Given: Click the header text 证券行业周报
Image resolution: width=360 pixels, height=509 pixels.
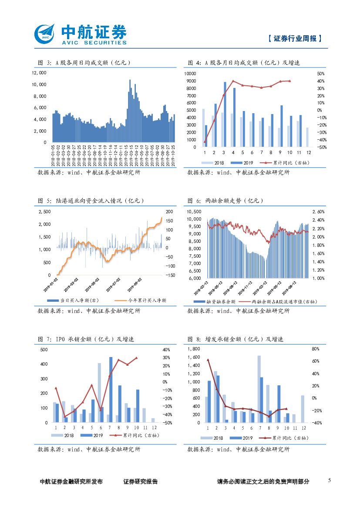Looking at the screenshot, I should [295, 38].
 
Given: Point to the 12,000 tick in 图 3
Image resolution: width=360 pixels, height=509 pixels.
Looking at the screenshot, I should [39, 73].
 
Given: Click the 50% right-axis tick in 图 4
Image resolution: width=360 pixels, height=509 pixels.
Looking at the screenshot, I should [321, 74].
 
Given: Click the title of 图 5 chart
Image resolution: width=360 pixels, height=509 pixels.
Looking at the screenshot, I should [91, 201].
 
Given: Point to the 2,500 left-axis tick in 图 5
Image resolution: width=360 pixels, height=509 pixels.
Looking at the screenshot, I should [45, 212].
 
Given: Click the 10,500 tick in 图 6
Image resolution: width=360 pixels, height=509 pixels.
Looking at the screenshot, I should [194, 212].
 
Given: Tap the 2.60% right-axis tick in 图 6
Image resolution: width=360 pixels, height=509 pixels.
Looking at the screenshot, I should [319, 212].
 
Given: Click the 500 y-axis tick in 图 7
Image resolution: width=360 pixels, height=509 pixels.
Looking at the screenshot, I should [44, 350].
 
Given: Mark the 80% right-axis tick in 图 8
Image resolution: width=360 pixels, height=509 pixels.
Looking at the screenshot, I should [316, 349].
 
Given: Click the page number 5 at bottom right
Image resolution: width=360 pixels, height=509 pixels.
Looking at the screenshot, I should [329, 480].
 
